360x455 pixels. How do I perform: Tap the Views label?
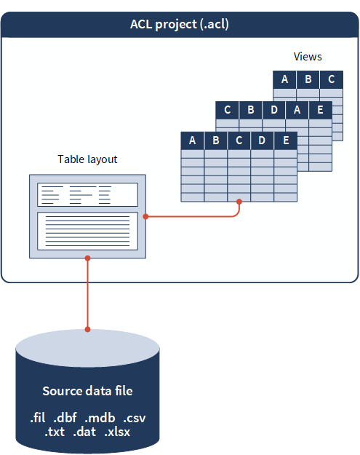tap(308, 57)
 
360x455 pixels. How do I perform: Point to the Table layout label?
tap(87, 159)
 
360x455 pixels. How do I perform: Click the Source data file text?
tap(87, 391)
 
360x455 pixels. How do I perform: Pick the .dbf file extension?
tap(68, 419)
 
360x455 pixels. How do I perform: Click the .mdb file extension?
tap(100, 419)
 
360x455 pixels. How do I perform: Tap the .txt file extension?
tap(55, 432)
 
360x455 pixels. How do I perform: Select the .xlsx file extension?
tap(117, 432)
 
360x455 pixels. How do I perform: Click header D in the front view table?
tap(263, 141)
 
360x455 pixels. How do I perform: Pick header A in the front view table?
tap(193, 141)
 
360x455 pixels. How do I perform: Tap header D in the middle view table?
tap(274, 111)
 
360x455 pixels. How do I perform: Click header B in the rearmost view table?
tap(308, 79)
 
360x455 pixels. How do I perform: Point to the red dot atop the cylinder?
tap(87, 330)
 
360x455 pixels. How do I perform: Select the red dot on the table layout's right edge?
tap(145, 216)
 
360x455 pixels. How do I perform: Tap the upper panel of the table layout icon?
tap(87, 194)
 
